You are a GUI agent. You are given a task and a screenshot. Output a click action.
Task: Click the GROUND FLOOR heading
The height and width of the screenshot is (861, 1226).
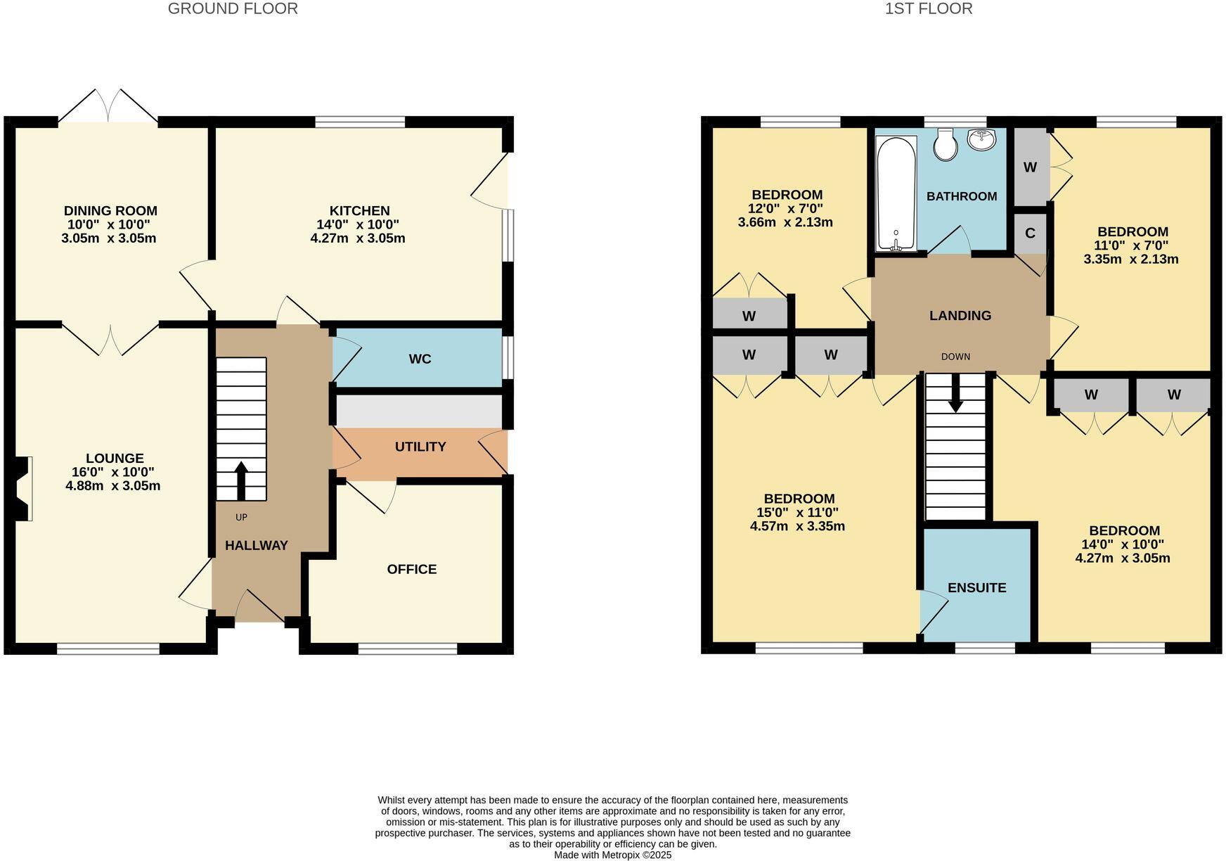(x=233, y=9)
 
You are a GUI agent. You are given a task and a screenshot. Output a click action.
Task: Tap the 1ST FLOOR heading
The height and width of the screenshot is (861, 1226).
(x=928, y=9)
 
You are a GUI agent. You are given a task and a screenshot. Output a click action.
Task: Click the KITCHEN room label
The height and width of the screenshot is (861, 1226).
(x=359, y=211)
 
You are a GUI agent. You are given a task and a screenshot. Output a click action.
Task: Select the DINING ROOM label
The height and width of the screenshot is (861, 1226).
(x=110, y=211)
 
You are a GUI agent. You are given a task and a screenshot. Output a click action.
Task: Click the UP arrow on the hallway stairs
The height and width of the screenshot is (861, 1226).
(x=240, y=479)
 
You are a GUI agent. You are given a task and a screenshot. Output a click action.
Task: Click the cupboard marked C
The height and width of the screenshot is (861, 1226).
(x=1030, y=234)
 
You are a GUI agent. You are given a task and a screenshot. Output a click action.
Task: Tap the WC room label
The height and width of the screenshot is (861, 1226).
(x=420, y=359)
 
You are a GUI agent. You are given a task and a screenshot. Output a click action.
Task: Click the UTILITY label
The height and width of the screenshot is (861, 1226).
(x=420, y=447)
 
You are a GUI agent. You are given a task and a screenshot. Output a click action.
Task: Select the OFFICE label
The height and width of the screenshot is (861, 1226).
(x=411, y=569)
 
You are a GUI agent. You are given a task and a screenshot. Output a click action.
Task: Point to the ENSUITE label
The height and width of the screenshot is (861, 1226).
(x=976, y=588)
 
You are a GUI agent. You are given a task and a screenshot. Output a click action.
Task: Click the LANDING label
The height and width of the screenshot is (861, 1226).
(x=960, y=316)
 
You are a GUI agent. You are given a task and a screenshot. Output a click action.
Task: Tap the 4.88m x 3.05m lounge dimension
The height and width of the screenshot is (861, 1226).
(x=112, y=486)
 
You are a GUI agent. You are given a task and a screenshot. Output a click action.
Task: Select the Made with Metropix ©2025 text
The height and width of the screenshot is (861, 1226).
(x=612, y=855)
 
